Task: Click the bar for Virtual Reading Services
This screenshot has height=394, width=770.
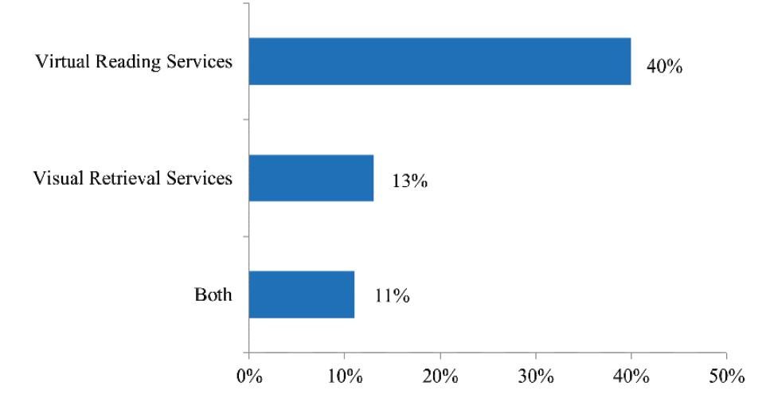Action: coord(440,61)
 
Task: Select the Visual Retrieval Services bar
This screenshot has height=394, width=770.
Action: coord(311,177)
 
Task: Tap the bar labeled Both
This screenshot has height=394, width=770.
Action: coord(301,295)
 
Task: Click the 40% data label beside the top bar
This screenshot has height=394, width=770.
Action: coord(664,66)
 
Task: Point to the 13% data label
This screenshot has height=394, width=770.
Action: coord(409,182)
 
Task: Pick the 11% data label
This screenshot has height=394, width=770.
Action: coord(391,298)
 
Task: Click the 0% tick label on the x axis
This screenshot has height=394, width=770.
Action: coord(249,376)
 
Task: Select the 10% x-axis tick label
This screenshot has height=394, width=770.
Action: coord(344,376)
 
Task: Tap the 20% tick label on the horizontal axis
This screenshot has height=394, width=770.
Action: coord(440,376)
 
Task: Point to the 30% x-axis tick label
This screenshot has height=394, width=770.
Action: coord(535,376)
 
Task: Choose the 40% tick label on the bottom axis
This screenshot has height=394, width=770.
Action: coord(631,376)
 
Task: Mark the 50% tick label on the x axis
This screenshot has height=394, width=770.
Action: coord(725,376)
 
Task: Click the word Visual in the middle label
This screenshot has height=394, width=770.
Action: coord(55,178)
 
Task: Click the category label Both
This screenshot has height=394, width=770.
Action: coord(213,295)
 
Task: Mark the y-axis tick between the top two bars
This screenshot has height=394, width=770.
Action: coord(245,119)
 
